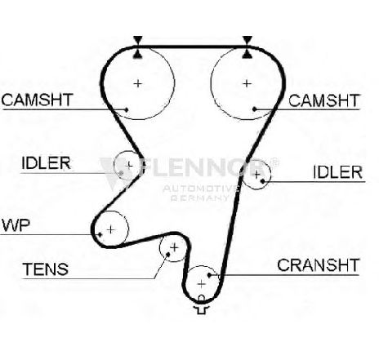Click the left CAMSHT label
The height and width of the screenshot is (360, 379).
38,100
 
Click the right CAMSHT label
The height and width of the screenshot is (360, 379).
324,100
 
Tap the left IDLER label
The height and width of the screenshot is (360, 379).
46,163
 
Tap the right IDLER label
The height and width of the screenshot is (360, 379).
337,172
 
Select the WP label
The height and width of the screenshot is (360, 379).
16,225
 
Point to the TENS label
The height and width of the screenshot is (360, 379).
46,269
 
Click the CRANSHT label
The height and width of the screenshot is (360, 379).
318,265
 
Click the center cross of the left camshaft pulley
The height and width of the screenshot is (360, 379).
138,83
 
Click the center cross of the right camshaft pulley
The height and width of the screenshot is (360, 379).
247,83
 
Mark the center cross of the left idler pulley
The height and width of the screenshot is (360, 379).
129,165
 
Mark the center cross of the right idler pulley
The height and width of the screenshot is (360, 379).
256,174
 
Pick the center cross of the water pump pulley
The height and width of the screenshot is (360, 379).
110,229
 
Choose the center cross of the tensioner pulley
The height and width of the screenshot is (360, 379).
174,247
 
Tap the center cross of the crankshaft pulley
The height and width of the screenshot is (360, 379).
201,284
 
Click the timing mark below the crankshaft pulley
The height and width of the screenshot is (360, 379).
202,305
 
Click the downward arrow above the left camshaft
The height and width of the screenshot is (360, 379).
138,40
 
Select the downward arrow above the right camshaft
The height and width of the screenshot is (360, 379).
247,40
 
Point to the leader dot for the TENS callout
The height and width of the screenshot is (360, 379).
168,255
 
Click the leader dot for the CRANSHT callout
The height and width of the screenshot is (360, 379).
209,275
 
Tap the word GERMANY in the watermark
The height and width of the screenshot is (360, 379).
199,198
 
